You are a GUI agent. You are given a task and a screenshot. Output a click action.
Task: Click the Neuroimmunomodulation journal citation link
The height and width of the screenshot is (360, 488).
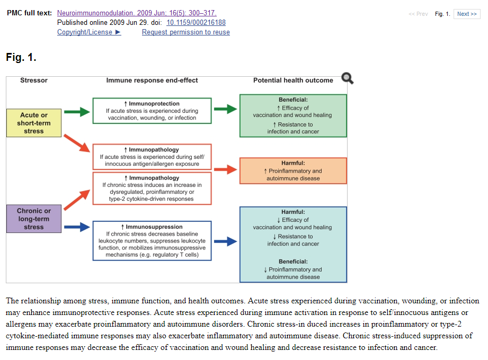tap(136, 13)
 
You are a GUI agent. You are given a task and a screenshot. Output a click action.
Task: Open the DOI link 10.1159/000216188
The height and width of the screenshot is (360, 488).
tap(196, 23)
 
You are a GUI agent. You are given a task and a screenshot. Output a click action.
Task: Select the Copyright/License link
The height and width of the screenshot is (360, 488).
tap(89, 32)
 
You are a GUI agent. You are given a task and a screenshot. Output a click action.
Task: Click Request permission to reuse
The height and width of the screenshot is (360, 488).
tap(185, 32)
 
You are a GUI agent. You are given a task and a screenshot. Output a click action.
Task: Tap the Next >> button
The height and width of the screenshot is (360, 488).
tap(467, 14)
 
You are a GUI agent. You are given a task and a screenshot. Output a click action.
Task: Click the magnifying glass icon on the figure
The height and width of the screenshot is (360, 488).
tap(348, 78)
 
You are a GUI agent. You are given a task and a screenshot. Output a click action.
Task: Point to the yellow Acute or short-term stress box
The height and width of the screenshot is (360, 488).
tap(34, 123)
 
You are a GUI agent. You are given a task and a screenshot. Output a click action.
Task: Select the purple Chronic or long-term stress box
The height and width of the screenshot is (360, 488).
tap(34, 219)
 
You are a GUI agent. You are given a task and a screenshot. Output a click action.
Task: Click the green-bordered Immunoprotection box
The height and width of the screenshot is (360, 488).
tap(152, 111)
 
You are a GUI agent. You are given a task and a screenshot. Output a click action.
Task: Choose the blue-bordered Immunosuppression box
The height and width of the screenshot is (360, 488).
tap(152, 241)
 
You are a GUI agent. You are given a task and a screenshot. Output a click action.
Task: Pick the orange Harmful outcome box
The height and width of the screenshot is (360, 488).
tap(293, 170)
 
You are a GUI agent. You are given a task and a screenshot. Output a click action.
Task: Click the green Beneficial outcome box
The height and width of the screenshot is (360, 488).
tap(293, 115)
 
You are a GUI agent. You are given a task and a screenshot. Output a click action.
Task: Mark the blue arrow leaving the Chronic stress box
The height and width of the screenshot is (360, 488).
tap(77, 227)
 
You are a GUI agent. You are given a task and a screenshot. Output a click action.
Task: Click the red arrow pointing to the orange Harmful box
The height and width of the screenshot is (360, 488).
tap(225, 169)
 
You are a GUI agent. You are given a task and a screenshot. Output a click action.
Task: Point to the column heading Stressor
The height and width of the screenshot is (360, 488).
tap(34, 80)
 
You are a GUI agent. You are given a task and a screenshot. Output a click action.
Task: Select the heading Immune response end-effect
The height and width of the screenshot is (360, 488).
tap(152, 80)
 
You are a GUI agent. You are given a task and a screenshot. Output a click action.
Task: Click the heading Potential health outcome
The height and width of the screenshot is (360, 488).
tap(293, 80)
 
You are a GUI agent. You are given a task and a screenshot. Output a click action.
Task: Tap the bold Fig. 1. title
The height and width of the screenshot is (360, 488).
tap(21, 57)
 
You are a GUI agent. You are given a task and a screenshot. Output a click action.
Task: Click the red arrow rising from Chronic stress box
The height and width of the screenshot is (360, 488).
tap(77, 196)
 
